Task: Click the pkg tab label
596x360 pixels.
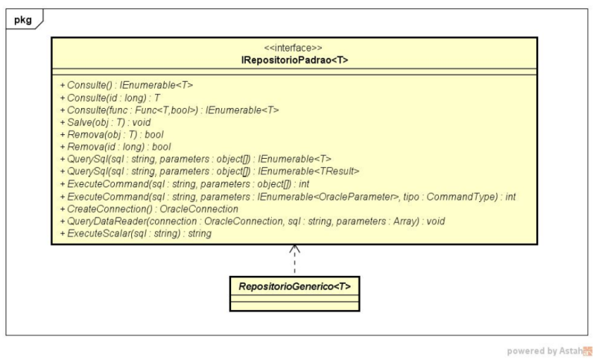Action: click(x=23, y=20)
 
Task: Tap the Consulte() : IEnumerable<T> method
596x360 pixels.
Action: click(x=127, y=86)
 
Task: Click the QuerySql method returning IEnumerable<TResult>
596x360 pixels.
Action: click(x=209, y=171)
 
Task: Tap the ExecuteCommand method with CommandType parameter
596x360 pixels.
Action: click(x=287, y=196)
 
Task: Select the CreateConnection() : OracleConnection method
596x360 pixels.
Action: click(x=148, y=209)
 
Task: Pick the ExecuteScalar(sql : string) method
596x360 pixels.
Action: click(x=135, y=233)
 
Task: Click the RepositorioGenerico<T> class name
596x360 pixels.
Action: click(x=294, y=286)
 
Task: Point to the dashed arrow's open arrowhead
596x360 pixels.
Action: click(x=294, y=248)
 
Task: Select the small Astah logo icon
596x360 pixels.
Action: click(x=586, y=351)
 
